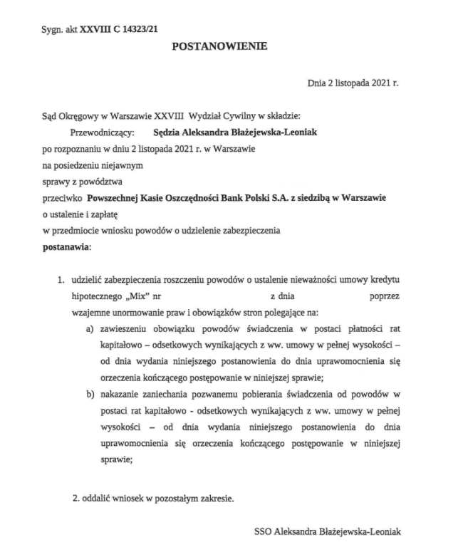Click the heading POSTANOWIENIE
(219, 47)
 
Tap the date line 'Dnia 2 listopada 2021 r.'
(353, 83)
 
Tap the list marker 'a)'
(90, 328)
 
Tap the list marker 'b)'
(90, 394)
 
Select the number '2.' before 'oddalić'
(78, 496)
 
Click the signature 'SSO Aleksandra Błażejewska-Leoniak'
(332, 531)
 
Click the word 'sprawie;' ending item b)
(117, 459)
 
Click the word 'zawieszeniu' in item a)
(125, 328)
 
